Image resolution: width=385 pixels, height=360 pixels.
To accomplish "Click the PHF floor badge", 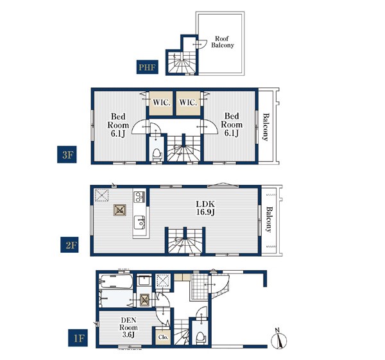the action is pos(148,67).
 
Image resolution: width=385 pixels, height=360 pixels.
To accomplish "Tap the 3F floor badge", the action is pos(67,155).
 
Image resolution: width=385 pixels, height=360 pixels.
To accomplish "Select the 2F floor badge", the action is pos(69,245).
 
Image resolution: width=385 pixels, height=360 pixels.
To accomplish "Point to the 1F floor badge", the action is pos(78,338).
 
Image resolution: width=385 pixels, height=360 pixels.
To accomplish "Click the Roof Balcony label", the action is pos(223,42).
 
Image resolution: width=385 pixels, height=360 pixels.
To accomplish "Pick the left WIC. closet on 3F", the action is pos(161,103).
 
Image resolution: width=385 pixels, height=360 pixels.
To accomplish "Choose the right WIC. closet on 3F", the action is pos(188,103).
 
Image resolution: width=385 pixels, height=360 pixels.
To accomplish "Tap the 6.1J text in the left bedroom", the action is pos(118,134).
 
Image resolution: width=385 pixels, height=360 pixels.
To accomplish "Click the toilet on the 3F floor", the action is pos(157,154).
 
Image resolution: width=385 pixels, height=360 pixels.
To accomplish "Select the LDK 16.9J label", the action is pos(205,208).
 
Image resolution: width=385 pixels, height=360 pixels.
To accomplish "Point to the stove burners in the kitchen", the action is pos(139,197).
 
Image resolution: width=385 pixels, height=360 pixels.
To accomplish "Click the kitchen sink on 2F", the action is pos(139,222).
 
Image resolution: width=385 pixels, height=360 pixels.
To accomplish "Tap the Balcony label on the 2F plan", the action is pos(269,219).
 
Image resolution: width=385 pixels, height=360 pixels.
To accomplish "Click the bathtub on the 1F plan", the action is pos(116,282).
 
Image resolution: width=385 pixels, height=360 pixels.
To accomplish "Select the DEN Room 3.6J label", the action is pos(128,327).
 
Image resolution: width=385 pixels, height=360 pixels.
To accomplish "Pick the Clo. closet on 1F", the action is pos(164,337).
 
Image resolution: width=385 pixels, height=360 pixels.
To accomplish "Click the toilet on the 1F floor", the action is pos(200,338).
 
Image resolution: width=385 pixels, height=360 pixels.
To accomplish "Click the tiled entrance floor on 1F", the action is pos(200,286).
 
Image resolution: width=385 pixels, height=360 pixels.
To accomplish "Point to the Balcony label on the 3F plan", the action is pos(266,126).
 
